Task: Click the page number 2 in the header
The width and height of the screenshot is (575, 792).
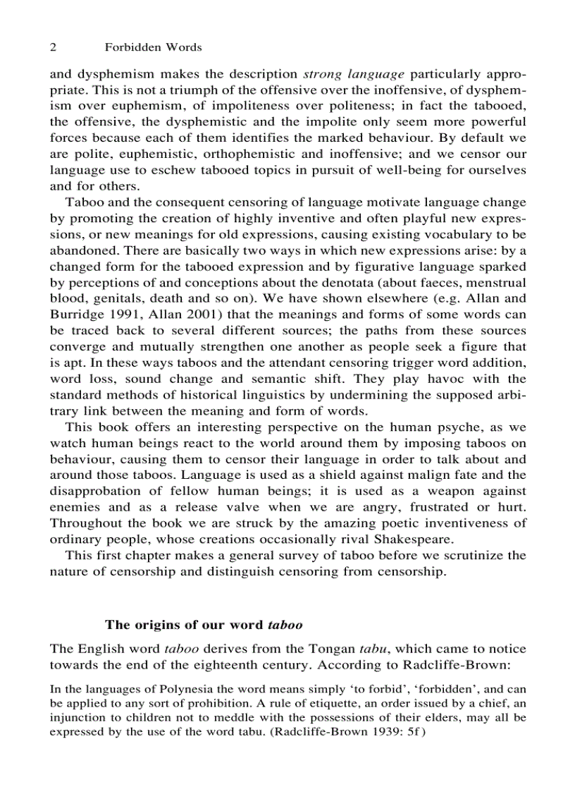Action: (x=53, y=47)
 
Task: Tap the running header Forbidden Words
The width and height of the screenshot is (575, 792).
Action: (x=153, y=47)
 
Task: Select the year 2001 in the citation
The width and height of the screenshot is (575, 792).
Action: (x=185, y=315)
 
